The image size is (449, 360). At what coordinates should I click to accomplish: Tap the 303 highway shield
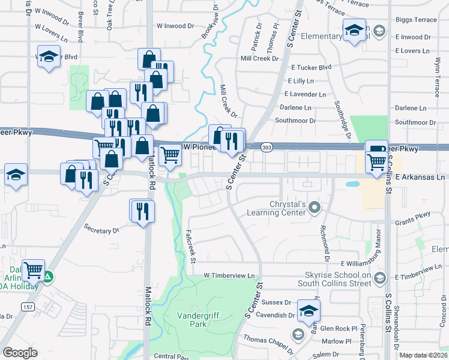268,147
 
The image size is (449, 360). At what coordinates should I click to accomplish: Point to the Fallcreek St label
191,246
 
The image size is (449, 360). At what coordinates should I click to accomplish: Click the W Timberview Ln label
229,275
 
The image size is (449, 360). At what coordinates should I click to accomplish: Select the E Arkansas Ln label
421,177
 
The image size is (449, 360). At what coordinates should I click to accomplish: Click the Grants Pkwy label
415,215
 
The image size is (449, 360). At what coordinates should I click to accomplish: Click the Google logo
20,353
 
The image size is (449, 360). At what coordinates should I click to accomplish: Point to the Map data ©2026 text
423,355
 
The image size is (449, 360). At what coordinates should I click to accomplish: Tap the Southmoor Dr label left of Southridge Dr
295,121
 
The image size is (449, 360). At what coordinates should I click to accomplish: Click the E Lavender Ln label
305,94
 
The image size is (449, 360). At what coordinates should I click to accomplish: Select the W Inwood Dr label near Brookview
176,26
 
